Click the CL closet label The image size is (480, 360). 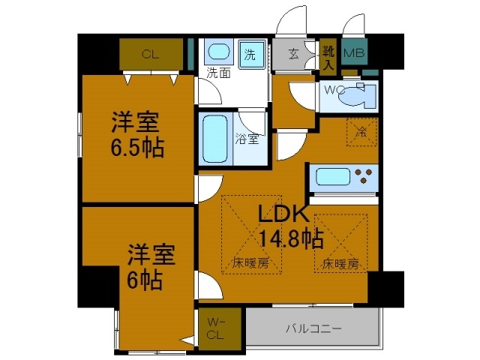(x=151, y=53)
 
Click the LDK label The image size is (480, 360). (x=283, y=214)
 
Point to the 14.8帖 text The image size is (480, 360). (x=291, y=239)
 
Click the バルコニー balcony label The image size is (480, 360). (x=313, y=328)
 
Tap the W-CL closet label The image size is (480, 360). (x=216, y=328)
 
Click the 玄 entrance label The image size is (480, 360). (x=294, y=54)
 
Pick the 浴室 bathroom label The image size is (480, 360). (x=247, y=139)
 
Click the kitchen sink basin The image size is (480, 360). (x=330, y=177)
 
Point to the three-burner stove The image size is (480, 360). (x=364, y=178)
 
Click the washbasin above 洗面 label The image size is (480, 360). (x=218, y=53)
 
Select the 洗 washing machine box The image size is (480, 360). (x=250, y=54)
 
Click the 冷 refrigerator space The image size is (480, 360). (x=361, y=133)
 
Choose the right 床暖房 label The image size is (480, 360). (x=340, y=263)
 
